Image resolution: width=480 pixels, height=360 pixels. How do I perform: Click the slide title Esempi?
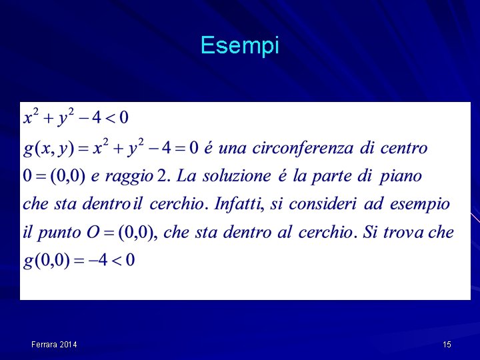[239, 46]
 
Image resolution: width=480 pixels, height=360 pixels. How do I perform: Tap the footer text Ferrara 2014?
[54, 345]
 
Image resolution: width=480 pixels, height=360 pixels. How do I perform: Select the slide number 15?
[447, 345]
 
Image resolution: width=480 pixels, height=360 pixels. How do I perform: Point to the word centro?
[402, 147]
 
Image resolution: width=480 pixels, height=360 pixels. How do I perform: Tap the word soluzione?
[237, 176]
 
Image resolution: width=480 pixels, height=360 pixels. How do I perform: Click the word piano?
[401, 177]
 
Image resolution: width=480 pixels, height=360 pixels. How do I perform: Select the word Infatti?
[235, 204]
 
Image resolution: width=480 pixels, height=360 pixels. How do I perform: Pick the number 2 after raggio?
[163, 176]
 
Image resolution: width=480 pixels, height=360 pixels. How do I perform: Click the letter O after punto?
[93, 232]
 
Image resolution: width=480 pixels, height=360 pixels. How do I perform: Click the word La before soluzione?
[187, 176]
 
